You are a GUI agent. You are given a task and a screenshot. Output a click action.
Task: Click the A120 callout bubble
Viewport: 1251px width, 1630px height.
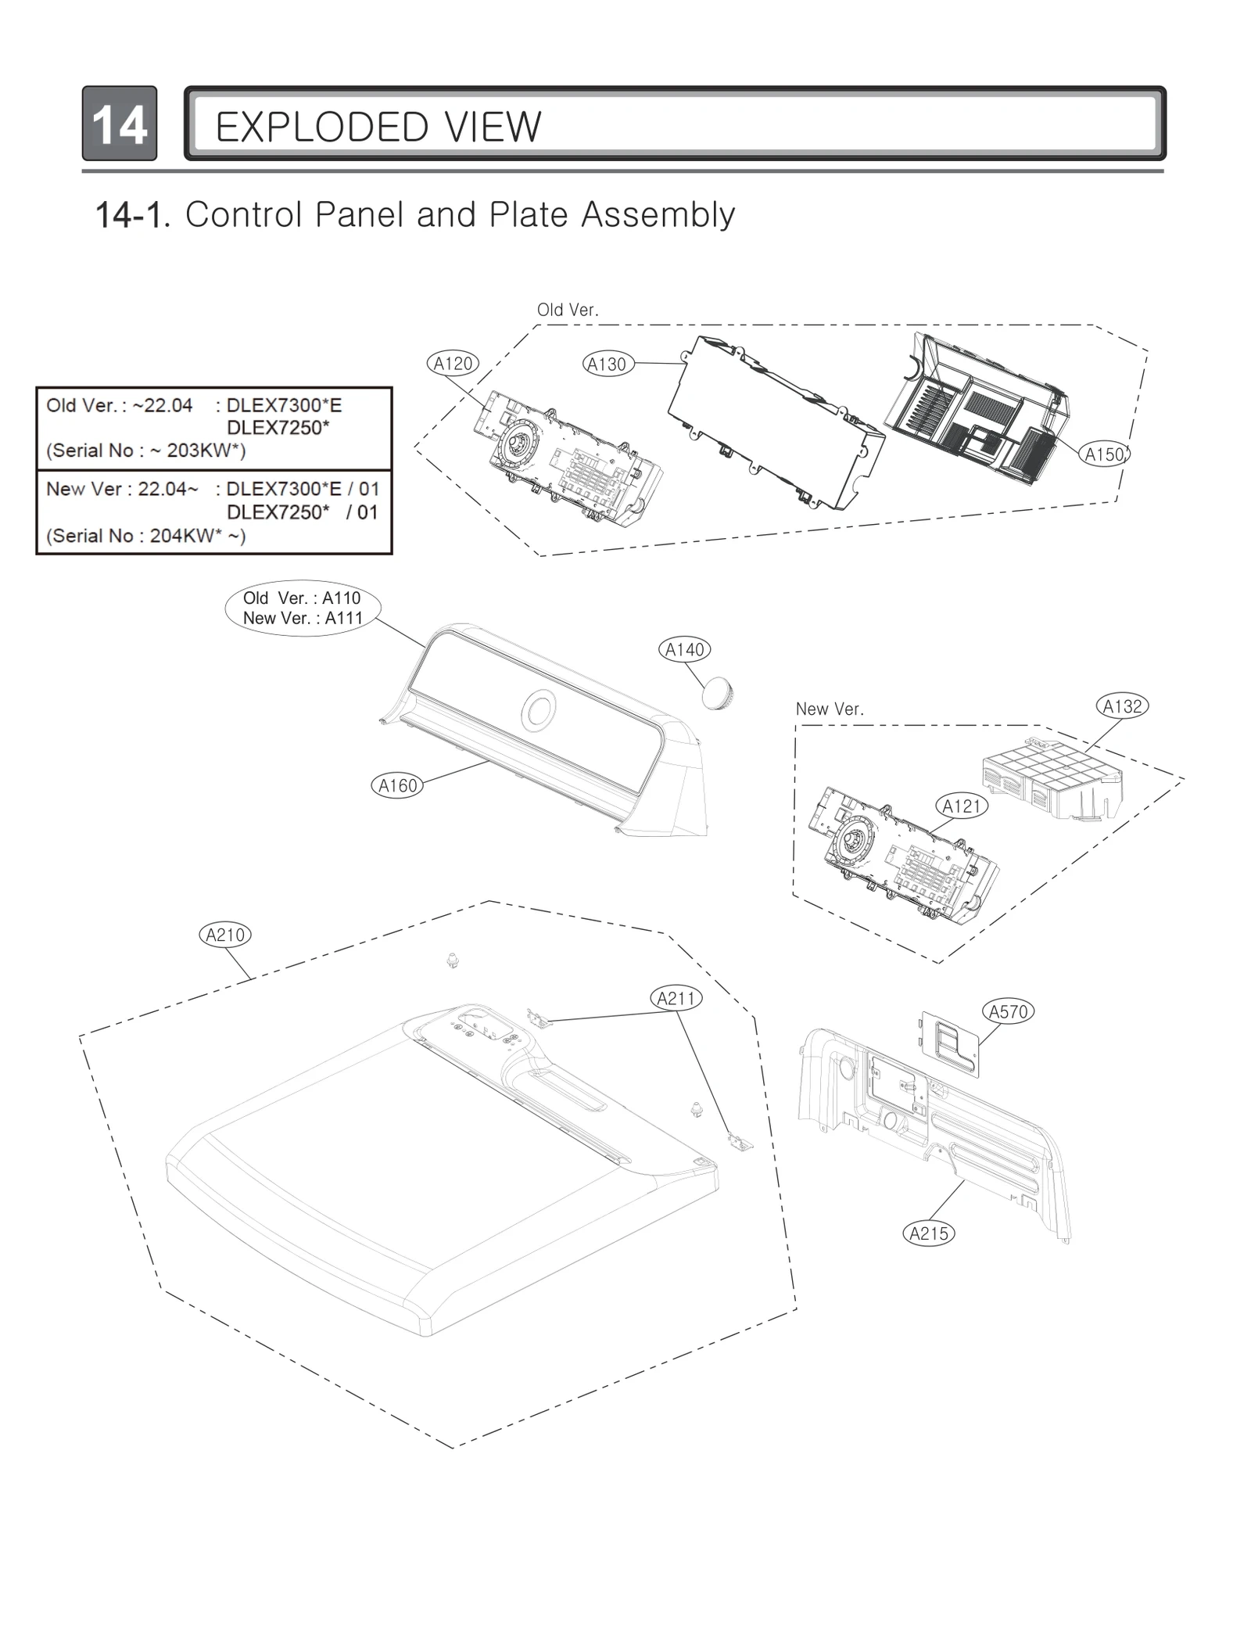tap(453, 363)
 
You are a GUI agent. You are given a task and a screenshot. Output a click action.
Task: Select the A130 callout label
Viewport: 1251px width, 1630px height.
tap(608, 364)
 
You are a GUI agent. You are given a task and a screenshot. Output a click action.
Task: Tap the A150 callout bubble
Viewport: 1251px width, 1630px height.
tap(1104, 454)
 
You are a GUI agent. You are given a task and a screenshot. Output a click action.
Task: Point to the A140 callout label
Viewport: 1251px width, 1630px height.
tap(685, 649)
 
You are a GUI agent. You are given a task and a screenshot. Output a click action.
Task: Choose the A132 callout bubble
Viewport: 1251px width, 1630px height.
tap(1122, 706)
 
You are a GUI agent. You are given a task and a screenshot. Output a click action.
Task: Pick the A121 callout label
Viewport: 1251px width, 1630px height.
tap(962, 806)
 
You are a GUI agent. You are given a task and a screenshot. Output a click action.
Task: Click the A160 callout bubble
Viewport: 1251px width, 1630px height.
tap(397, 785)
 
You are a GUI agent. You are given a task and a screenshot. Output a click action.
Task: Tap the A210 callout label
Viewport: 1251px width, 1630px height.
tap(225, 935)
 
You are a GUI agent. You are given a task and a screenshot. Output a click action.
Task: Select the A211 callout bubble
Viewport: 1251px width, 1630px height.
tap(676, 998)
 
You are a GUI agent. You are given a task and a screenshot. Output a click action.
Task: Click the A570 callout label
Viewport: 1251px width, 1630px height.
tap(1008, 1011)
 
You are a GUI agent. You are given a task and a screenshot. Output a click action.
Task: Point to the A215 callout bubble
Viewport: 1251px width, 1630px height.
tap(929, 1233)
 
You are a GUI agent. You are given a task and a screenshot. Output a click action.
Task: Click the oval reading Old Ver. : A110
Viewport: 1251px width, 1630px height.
tap(303, 608)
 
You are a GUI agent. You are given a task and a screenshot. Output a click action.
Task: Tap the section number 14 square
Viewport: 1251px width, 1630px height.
tap(120, 124)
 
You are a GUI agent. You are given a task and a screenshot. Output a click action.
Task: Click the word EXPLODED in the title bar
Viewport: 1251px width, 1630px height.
tap(321, 127)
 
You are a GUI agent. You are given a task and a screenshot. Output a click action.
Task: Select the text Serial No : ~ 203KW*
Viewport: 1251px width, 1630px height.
tap(146, 451)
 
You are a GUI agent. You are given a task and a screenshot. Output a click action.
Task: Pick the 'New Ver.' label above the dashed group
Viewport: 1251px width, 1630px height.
tap(830, 709)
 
